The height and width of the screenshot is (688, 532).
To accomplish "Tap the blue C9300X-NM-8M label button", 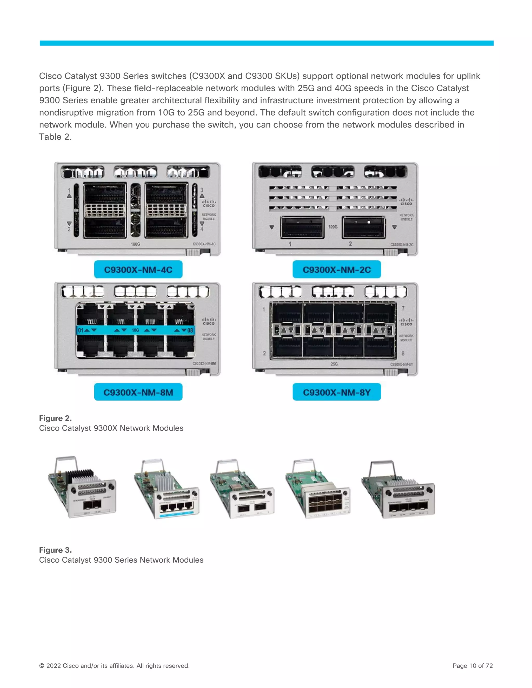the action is [x=138, y=392].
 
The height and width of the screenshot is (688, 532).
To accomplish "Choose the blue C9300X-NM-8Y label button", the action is [x=336, y=392].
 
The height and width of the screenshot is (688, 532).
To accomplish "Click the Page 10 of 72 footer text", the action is [x=473, y=665].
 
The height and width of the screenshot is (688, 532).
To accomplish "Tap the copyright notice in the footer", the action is [x=114, y=665].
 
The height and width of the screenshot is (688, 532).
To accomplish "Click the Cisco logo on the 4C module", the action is [x=209, y=203].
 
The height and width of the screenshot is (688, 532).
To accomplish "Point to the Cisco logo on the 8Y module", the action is [x=406, y=322].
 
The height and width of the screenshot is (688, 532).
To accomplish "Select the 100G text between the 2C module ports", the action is [x=333, y=226].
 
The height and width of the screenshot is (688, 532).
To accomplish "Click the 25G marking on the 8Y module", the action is [x=334, y=364].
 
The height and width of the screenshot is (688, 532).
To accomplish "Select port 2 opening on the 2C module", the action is [x=364, y=227].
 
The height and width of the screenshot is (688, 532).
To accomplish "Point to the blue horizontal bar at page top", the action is [x=266, y=43].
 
